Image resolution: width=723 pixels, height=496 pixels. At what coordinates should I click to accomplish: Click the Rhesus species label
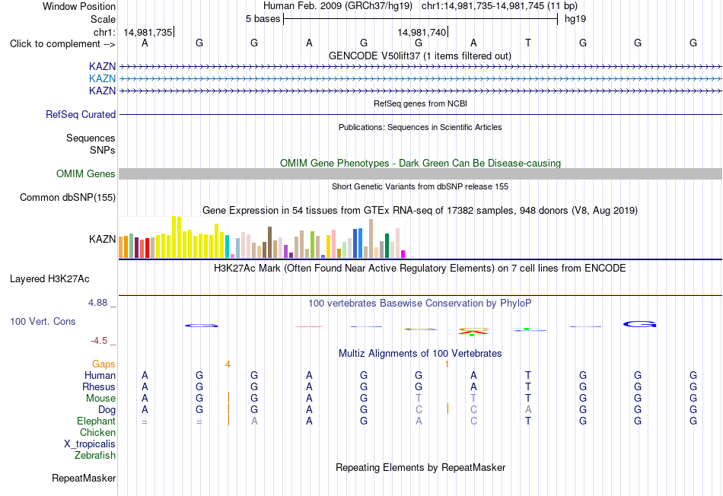click(x=99, y=386)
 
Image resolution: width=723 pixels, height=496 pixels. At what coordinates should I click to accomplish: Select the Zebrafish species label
click(x=95, y=455)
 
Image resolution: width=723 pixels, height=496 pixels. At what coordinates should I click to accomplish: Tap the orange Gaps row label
click(x=104, y=364)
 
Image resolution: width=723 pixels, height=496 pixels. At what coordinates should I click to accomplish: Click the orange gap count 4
click(x=228, y=364)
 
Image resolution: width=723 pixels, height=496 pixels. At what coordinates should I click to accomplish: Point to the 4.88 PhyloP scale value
click(x=97, y=303)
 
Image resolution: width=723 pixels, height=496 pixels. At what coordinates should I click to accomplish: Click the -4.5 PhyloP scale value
click(x=99, y=341)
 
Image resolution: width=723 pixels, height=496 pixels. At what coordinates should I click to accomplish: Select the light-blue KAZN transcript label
click(x=103, y=78)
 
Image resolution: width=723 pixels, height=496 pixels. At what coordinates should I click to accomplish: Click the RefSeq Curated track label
click(x=81, y=114)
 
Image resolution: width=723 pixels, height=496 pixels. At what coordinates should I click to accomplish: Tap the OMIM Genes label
click(x=86, y=173)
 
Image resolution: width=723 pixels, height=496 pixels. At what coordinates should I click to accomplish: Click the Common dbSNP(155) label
click(x=68, y=197)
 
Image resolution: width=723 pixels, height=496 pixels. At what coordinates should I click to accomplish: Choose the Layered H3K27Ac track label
click(x=49, y=279)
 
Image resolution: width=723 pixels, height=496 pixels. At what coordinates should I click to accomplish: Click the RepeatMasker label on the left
click(x=84, y=478)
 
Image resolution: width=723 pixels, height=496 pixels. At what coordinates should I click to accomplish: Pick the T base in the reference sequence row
click(x=528, y=43)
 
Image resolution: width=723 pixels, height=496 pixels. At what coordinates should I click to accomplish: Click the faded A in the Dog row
click(x=528, y=409)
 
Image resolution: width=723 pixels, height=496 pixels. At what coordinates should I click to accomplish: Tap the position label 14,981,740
click(x=422, y=32)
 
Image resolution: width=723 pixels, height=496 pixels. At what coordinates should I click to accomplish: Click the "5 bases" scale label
click(x=263, y=19)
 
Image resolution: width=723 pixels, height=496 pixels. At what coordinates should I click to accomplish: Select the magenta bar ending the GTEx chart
click(x=403, y=254)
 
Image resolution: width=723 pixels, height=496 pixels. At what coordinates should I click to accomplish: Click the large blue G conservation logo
click(x=639, y=324)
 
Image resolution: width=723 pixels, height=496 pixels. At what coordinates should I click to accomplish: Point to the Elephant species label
click(x=97, y=421)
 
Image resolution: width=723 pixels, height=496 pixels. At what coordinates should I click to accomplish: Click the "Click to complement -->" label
click(x=62, y=44)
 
